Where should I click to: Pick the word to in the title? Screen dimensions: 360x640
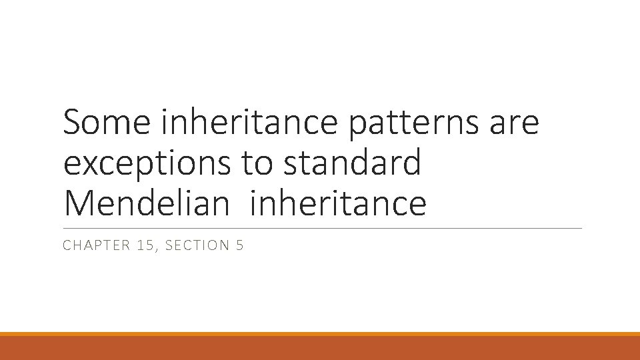coord(256,164)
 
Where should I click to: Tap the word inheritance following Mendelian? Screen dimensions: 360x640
coord(338,203)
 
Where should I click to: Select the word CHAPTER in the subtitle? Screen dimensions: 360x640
coord(93,246)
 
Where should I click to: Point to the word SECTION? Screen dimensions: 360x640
coord(197,246)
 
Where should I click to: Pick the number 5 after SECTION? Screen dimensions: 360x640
coord(240,246)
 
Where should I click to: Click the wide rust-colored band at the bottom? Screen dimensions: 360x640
coord(320,348)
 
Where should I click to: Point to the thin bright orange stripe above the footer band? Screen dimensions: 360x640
coord(320,334)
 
